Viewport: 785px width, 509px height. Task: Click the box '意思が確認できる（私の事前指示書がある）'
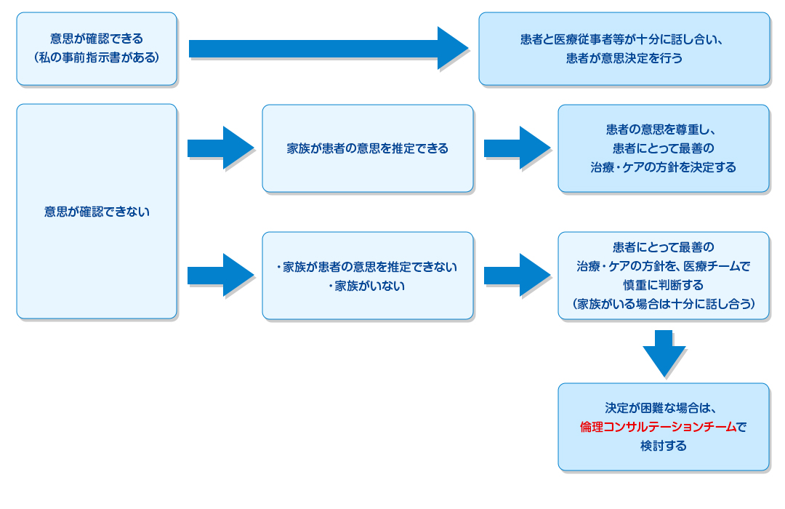pyautogui.click(x=97, y=48)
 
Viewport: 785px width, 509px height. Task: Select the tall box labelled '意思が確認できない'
pyautogui.click(x=97, y=212)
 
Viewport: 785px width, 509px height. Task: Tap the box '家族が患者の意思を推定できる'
pyautogui.click(x=368, y=148)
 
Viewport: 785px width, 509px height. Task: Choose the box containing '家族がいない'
pyautogui.click(x=368, y=276)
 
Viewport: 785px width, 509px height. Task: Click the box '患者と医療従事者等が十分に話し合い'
pyautogui.click(x=624, y=48)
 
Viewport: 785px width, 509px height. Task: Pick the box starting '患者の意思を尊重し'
pyautogui.click(x=663, y=148)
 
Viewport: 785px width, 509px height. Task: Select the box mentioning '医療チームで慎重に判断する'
pyautogui.click(x=663, y=276)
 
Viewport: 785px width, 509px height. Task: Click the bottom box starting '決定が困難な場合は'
pyautogui.click(x=663, y=427)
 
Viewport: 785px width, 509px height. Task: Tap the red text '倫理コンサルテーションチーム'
pyautogui.click(x=658, y=427)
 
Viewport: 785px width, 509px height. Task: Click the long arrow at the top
pyautogui.click(x=327, y=48)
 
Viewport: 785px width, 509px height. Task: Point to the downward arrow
pyautogui.click(x=664, y=353)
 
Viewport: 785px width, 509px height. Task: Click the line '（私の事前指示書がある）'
pyautogui.click(x=97, y=57)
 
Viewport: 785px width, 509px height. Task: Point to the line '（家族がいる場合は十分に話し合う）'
pyautogui.click(x=663, y=304)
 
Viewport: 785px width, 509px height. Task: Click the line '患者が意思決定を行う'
pyautogui.click(x=624, y=58)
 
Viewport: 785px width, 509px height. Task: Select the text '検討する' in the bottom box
pyautogui.click(x=663, y=446)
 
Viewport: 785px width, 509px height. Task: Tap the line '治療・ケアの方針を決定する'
pyautogui.click(x=663, y=167)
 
